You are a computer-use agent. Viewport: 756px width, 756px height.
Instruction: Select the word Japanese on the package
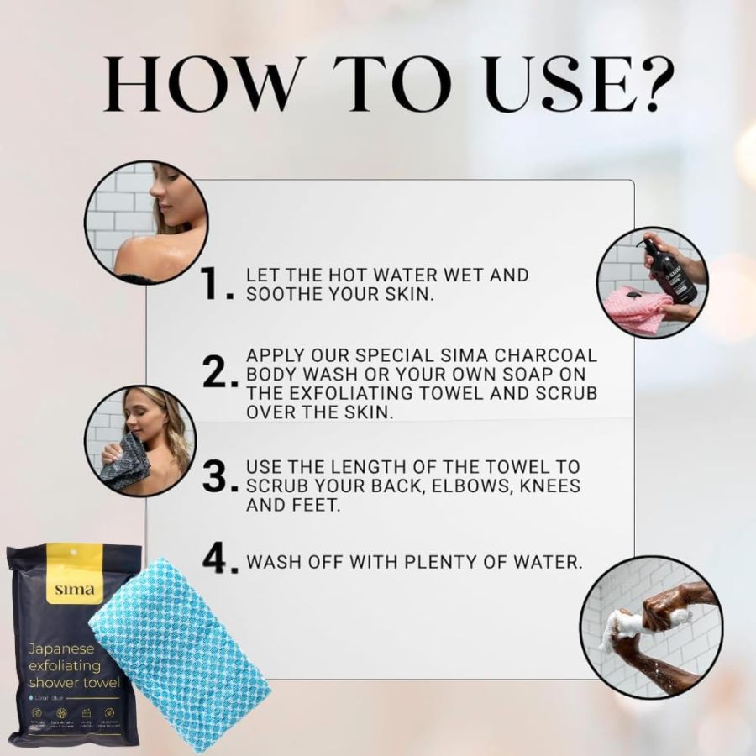61,648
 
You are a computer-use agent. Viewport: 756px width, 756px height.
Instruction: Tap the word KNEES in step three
546,486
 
